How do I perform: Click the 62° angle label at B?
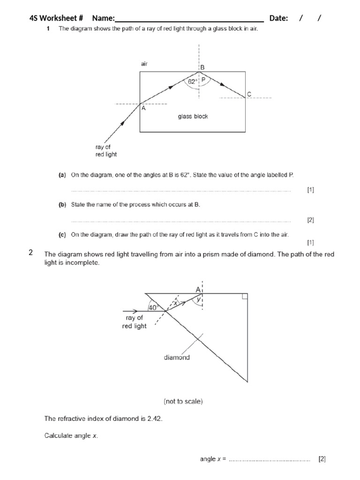point(192,82)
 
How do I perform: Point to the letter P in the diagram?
point(203,81)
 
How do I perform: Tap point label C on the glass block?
point(249,94)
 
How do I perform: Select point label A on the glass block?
point(143,108)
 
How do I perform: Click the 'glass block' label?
point(193,116)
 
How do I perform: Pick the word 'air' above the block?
point(144,64)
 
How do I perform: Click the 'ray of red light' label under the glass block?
point(106,150)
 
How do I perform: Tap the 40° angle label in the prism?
point(153,307)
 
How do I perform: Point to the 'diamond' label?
point(177,357)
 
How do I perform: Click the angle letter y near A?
point(199,299)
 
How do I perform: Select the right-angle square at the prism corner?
point(244,296)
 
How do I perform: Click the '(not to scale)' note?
point(183,401)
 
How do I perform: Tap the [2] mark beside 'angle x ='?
point(322,459)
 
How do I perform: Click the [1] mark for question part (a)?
point(310,190)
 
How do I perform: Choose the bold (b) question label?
point(62,205)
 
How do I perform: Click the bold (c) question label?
point(62,234)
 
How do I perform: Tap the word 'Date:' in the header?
point(279,18)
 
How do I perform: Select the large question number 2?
point(31,253)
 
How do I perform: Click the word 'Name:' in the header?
point(103,18)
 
